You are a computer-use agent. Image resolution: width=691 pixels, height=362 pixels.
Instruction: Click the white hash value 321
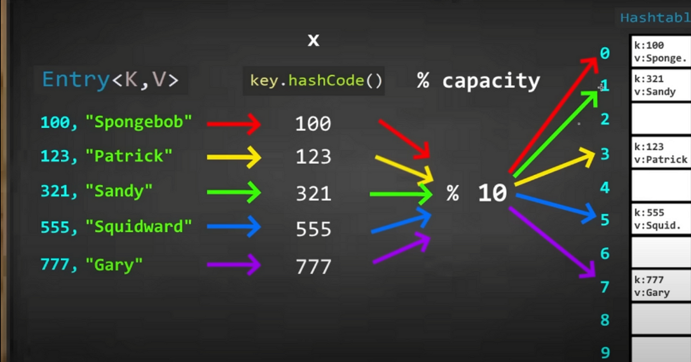(x=313, y=193)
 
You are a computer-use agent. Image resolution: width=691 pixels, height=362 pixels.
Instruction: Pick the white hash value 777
(x=313, y=267)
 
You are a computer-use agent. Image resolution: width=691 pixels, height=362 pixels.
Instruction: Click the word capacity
(x=491, y=80)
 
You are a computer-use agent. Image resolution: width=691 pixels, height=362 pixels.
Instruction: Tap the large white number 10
(x=492, y=193)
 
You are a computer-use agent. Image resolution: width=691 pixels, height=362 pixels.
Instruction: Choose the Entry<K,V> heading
(x=110, y=80)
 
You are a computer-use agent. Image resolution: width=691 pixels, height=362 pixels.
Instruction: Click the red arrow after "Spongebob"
(x=234, y=123)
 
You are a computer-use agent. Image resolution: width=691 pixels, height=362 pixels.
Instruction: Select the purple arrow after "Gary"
(x=234, y=265)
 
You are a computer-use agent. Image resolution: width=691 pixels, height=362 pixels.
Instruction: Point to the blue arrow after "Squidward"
(x=234, y=227)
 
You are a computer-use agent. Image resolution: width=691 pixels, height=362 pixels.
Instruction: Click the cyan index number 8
(x=605, y=320)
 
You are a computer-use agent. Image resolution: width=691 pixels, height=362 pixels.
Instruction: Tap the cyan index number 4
(x=605, y=188)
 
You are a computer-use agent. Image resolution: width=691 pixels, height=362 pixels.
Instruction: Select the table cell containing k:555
(x=660, y=219)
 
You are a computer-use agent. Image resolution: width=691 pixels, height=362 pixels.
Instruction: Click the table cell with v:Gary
(x=660, y=286)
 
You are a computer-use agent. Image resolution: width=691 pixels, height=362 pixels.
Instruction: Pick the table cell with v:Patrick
(x=660, y=153)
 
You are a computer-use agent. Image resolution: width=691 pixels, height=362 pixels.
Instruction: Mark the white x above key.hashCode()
(x=313, y=40)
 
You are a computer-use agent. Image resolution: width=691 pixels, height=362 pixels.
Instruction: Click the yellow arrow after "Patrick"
(x=234, y=157)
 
